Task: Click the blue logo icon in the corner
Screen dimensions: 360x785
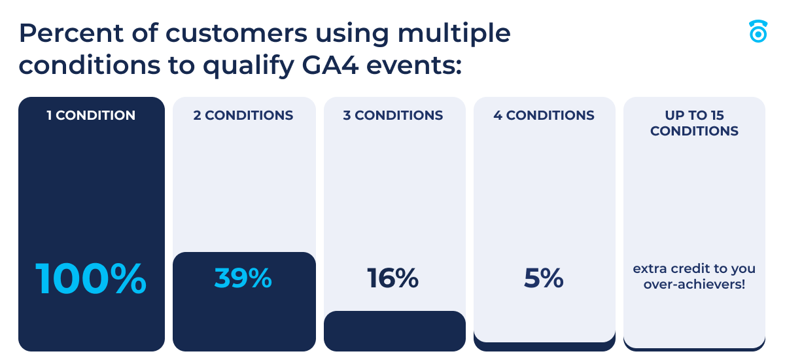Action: [x=758, y=31]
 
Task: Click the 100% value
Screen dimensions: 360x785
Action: [x=91, y=279]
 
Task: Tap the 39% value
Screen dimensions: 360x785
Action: [x=243, y=279]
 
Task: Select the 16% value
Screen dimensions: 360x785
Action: [x=392, y=279]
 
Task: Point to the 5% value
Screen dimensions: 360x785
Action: [x=544, y=279]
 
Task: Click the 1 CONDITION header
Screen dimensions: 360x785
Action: [x=91, y=116]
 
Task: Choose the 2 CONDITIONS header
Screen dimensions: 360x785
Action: [x=243, y=116]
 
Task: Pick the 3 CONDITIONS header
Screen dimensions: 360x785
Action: [x=393, y=116]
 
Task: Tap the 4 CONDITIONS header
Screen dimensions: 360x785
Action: [x=544, y=116]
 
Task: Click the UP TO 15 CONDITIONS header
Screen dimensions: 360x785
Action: [x=694, y=123]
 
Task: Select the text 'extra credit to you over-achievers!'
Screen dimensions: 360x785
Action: [x=694, y=277]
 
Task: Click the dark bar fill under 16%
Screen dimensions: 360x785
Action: [x=394, y=331]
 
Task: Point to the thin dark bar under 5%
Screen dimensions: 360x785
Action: [x=544, y=346]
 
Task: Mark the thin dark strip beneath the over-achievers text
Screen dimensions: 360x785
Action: [x=694, y=346]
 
